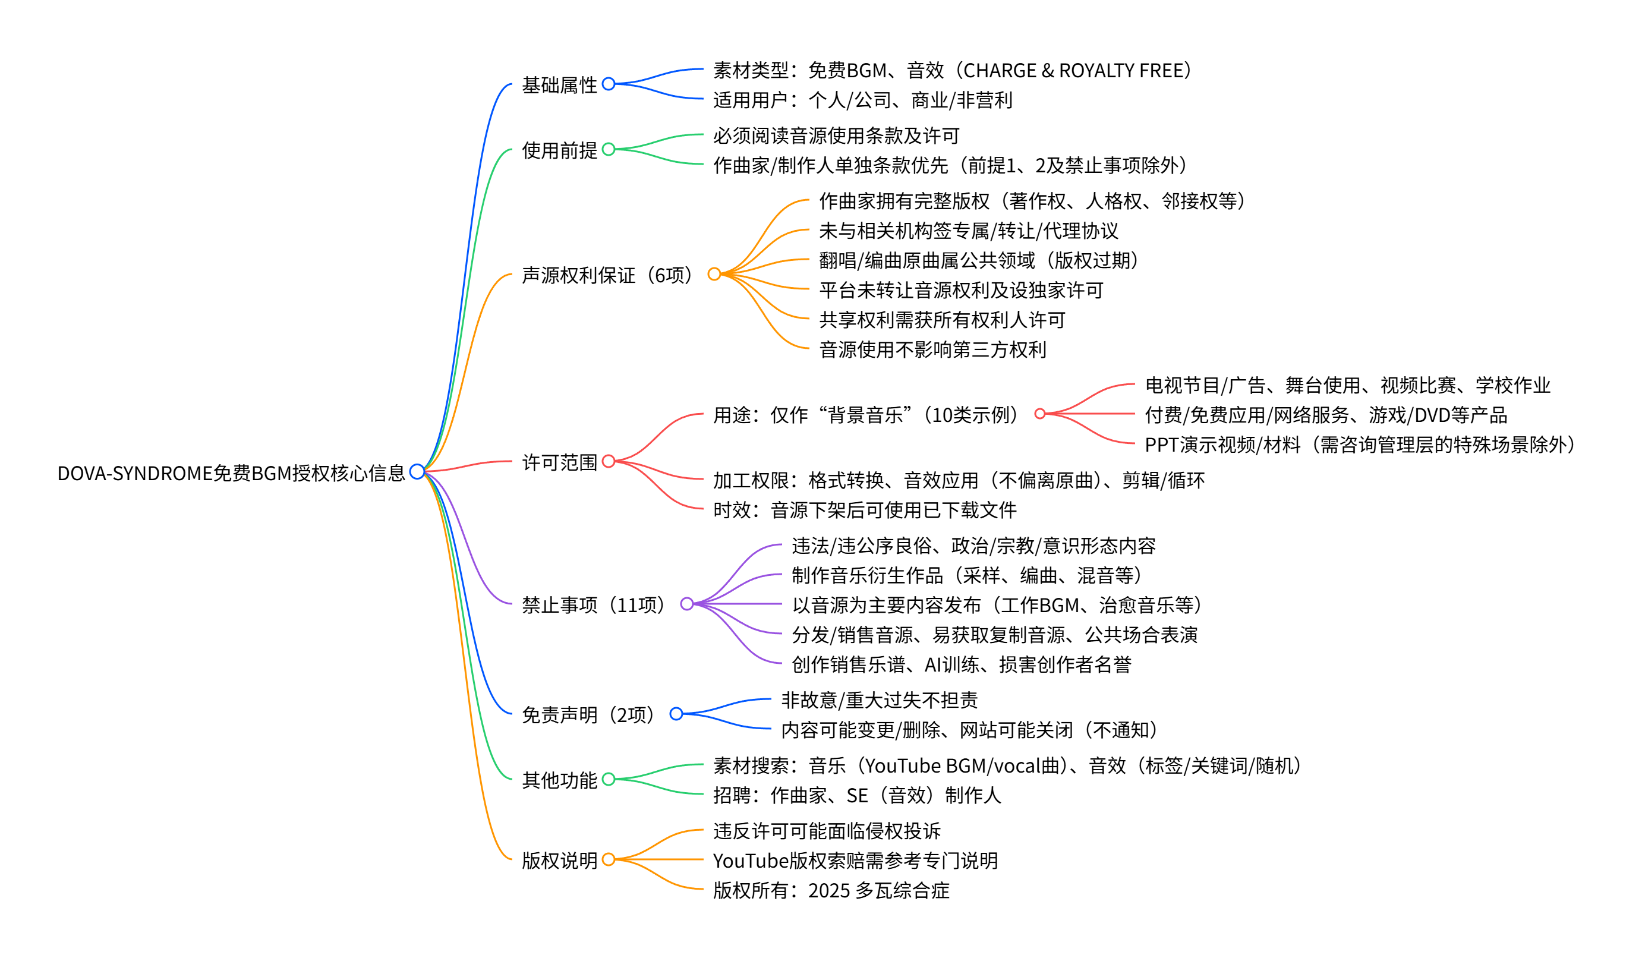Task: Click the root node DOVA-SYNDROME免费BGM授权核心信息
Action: [x=231, y=473]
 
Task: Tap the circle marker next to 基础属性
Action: [x=609, y=84]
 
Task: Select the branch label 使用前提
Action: [x=559, y=150]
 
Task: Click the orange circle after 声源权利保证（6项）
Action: [x=714, y=274]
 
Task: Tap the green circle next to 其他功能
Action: [x=609, y=779]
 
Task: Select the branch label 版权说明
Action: [x=559, y=860]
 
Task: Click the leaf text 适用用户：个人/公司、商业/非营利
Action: [x=862, y=100]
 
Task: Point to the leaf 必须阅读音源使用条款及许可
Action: [x=836, y=135]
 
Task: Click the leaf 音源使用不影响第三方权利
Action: [x=932, y=350]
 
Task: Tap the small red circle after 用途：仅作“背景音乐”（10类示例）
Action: [x=1040, y=414]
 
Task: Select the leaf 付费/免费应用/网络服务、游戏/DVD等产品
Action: [x=1326, y=415]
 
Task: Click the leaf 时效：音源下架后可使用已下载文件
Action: [x=864, y=510]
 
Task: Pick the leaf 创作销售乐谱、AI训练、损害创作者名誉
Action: [x=961, y=664]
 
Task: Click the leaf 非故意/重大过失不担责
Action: [x=880, y=700]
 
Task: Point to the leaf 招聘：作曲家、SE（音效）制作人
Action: [x=856, y=795]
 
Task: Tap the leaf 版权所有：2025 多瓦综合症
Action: [x=831, y=890]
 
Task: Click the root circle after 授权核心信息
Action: [x=417, y=471]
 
